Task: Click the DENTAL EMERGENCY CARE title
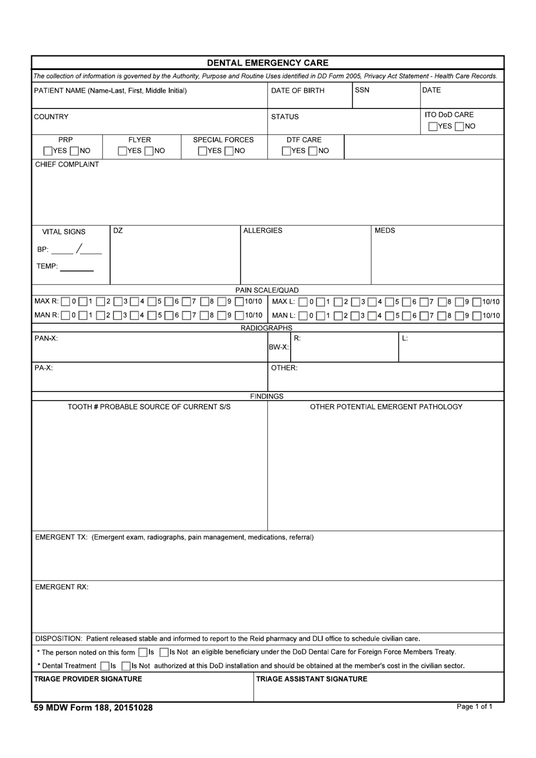pos(267,63)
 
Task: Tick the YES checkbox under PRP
pos(48,151)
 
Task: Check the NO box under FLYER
pos(150,151)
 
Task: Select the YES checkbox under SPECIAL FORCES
pos(203,151)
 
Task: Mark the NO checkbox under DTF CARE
pos(313,151)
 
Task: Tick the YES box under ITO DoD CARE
pos(433,127)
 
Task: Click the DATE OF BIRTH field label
pos(297,90)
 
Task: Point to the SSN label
pos(362,90)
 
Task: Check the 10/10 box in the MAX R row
pos(239,302)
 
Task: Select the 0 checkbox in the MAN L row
pos(304,316)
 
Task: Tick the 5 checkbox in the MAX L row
pos(390,302)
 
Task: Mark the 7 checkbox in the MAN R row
pos(186,316)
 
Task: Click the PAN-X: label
pos(46,338)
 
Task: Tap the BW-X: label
pos(279,347)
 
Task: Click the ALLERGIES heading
pos(262,230)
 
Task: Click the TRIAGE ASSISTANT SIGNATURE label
pos(311,679)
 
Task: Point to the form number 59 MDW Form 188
pos(93,707)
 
